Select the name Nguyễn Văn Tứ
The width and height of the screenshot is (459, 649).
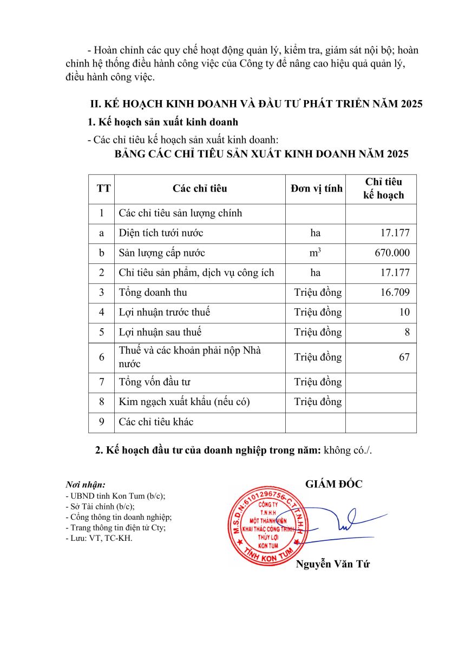332,565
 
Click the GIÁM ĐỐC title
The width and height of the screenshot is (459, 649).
333,484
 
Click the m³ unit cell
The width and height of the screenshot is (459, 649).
315,253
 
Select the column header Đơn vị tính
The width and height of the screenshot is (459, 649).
316,188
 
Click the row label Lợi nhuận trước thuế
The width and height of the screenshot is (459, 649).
165,313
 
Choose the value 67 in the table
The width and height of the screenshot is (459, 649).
404,357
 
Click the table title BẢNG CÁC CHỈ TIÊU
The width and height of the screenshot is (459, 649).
261,154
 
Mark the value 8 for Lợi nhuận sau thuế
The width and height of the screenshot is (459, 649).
406,332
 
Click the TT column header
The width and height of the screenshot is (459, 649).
103,188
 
